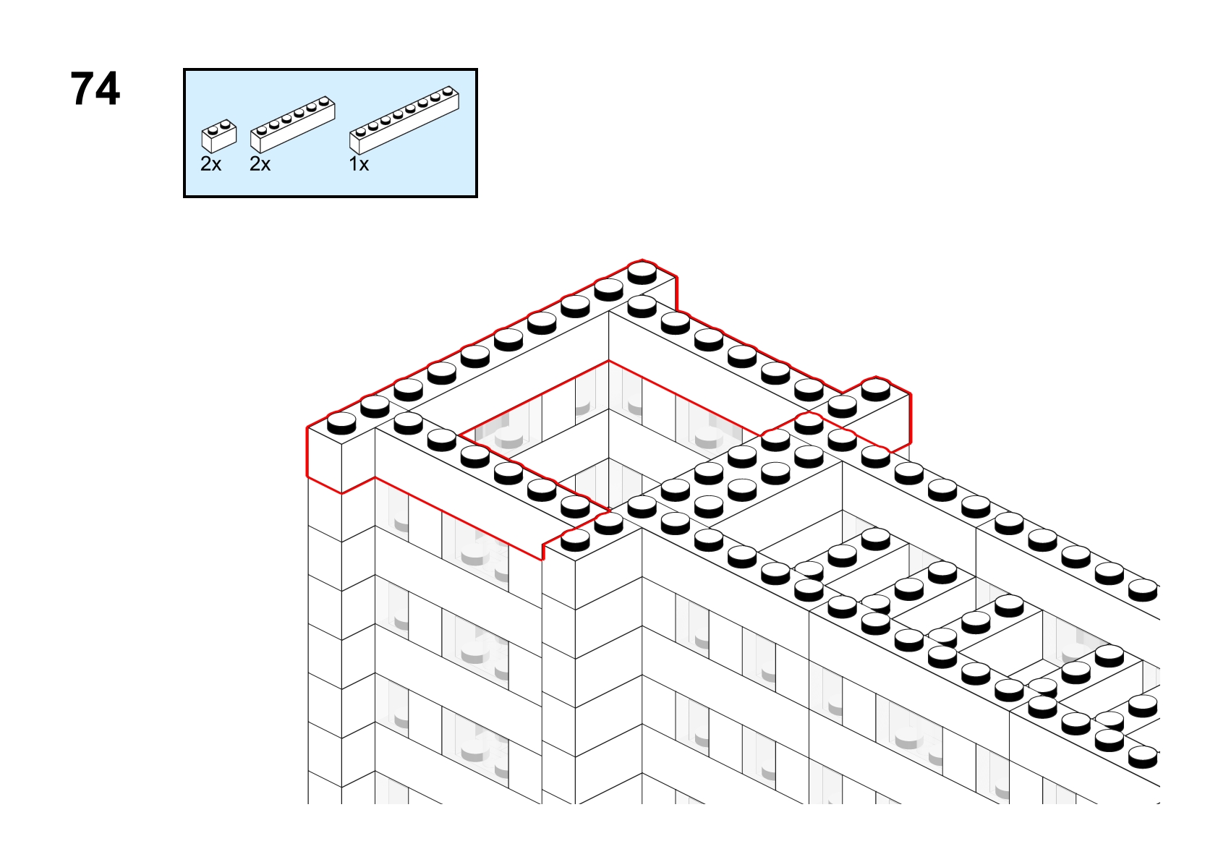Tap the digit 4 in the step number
(x=106, y=88)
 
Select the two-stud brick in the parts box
(x=218, y=136)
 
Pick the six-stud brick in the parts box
(x=292, y=124)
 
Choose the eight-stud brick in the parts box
(x=404, y=121)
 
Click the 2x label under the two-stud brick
(x=211, y=163)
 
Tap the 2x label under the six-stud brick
(x=260, y=163)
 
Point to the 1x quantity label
(x=359, y=163)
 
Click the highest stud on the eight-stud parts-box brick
(x=448, y=91)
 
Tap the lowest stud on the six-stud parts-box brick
(x=262, y=130)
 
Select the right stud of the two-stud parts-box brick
(x=226, y=124)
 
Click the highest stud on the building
(x=642, y=272)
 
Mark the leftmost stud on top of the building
(x=341, y=423)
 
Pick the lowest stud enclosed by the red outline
(x=575, y=540)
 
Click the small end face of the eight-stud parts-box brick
(x=354, y=144)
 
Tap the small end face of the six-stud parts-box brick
(x=255, y=142)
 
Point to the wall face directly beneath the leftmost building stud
(x=325, y=460)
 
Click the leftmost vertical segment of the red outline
(x=308, y=452)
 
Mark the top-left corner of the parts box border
(x=184, y=69)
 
